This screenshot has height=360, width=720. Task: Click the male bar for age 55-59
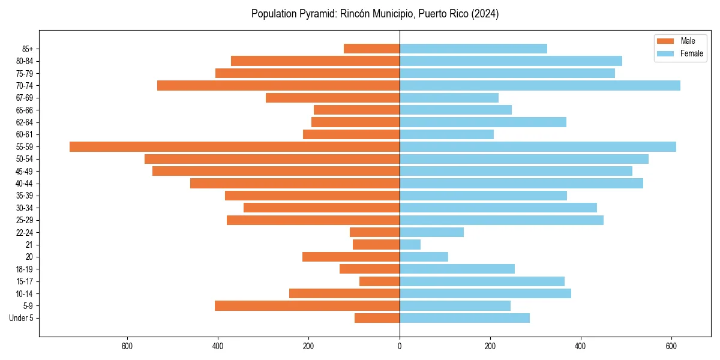point(234,146)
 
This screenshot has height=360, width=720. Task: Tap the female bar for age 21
point(410,244)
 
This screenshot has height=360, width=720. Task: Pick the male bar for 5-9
point(307,305)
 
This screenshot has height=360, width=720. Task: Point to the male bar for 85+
point(371,49)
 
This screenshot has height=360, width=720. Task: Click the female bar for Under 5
point(464,318)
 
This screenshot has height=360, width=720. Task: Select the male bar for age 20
point(351,257)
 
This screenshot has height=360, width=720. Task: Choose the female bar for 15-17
point(482,281)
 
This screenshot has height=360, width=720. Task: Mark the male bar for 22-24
point(374,232)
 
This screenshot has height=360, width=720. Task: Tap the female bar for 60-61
point(446,134)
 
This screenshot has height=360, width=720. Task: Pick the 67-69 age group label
point(24,98)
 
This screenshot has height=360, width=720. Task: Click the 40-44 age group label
point(24,184)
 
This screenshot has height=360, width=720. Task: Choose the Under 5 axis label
point(21,318)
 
